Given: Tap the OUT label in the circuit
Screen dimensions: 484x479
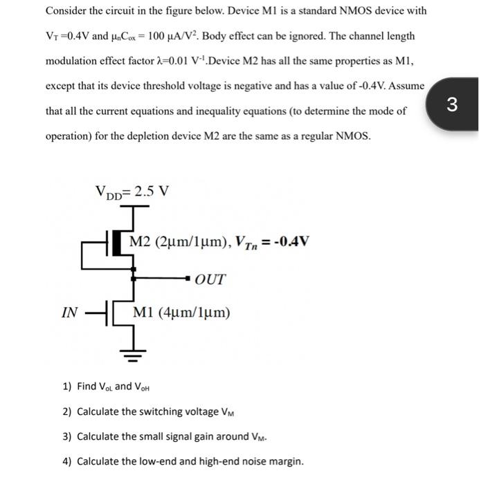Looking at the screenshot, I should (210, 279).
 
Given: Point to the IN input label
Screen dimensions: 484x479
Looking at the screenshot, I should (69, 312).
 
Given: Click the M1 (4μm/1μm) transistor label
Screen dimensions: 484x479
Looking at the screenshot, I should (184, 312).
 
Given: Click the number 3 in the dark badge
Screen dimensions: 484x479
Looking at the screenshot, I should (452, 104).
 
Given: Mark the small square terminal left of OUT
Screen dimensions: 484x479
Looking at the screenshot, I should (186, 279).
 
